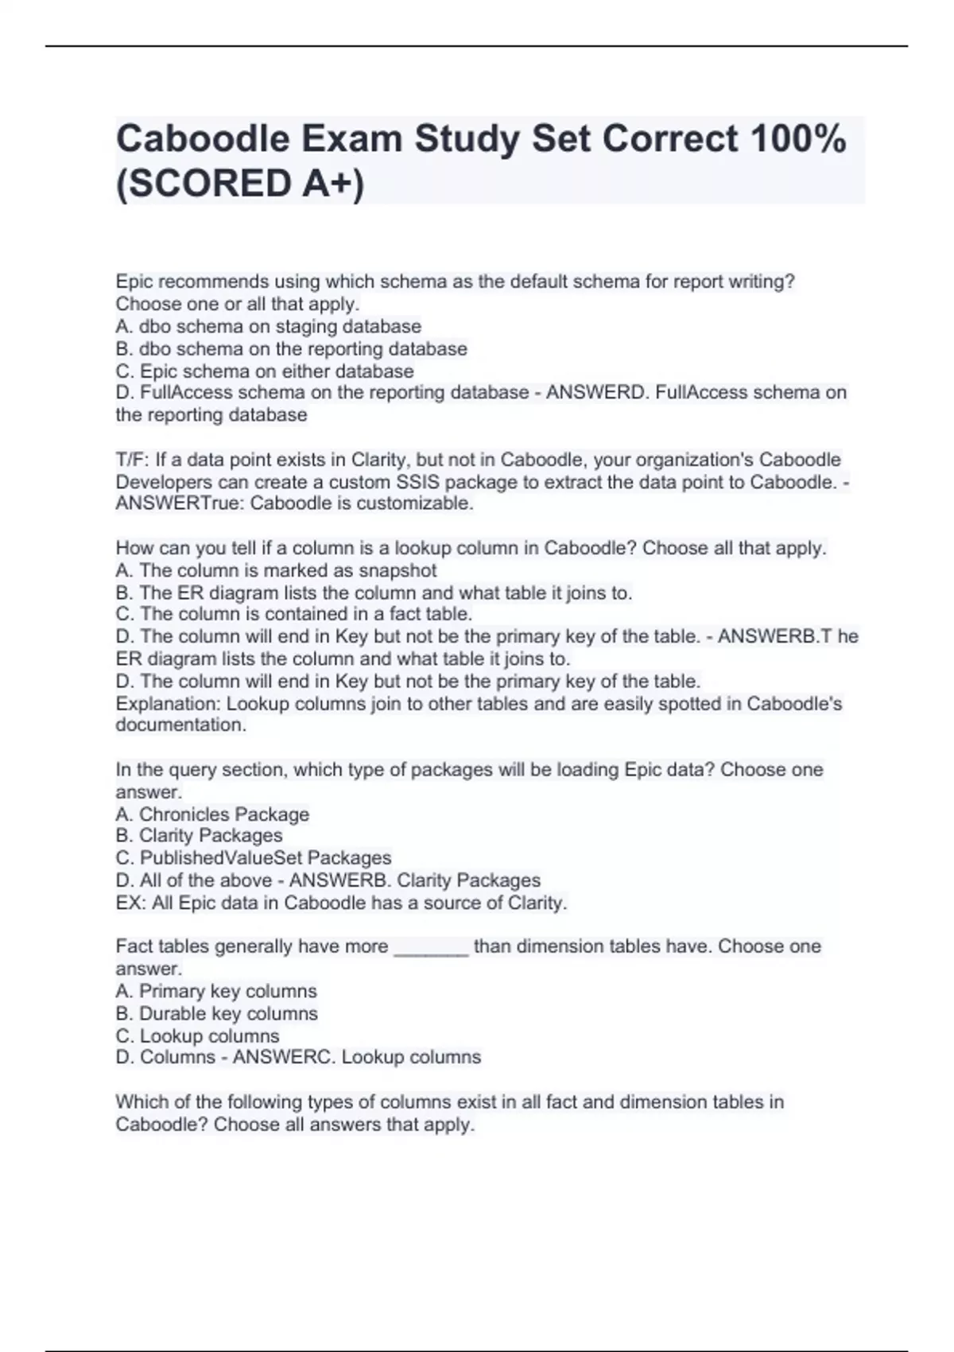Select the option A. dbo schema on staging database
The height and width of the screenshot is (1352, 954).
point(268,327)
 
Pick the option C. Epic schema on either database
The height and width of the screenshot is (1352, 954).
point(264,371)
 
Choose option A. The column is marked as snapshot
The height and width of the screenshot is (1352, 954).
point(276,570)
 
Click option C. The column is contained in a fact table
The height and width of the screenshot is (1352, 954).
point(294,614)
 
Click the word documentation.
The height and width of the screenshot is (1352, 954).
point(180,725)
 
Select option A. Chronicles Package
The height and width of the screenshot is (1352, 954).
point(212,814)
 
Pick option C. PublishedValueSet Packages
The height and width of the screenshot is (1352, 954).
point(254,858)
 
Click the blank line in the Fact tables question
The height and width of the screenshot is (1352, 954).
point(431,948)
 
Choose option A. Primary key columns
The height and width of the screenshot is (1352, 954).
point(216,991)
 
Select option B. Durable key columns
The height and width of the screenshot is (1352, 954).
point(216,1013)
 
